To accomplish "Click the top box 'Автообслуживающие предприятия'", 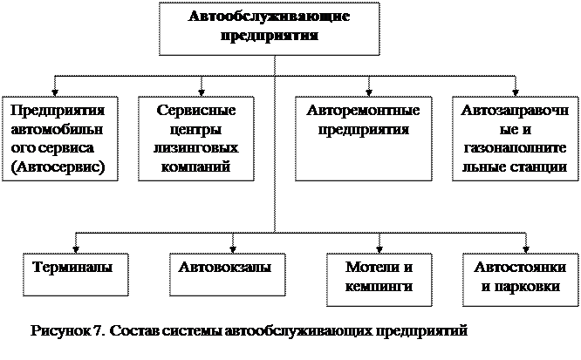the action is [269, 29].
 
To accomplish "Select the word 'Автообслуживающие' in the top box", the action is [269, 18].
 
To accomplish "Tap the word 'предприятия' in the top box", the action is [269, 37].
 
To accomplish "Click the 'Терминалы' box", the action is [72, 275].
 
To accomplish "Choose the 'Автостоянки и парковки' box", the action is [518, 278].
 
